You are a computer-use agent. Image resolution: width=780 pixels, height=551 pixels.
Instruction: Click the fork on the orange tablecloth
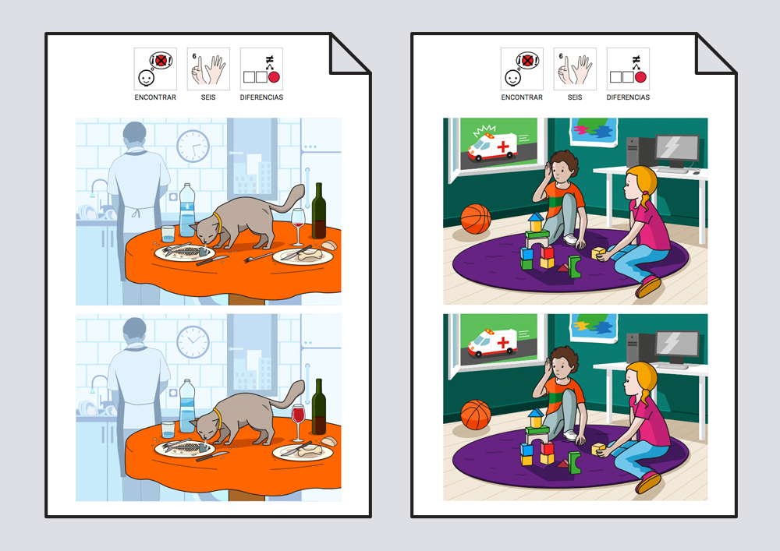pyautogui.click(x=257, y=257)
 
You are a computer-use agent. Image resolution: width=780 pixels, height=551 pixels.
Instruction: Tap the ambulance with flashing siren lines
pyautogui.click(x=492, y=145)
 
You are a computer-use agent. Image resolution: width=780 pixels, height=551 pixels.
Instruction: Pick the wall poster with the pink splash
pyautogui.click(x=594, y=131)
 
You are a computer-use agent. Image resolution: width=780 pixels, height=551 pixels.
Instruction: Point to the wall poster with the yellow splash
pyautogui.click(x=594, y=327)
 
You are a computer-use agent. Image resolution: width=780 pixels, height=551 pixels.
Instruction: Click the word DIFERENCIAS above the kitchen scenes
pyautogui.click(x=261, y=97)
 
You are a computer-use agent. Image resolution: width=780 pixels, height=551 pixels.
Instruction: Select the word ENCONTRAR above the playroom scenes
pyautogui.click(x=522, y=97)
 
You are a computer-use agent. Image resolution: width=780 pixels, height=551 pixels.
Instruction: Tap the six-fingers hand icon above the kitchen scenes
pyautogui.click(x=208, y=69)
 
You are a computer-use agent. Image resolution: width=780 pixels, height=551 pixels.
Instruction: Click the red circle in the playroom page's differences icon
pyautogui.click(x=640, y=77)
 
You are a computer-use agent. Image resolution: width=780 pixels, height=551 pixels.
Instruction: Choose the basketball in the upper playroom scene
pyautogui.click(x=476, y=219)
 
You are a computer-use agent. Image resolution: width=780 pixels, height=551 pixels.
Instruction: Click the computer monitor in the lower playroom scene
pyautogui.click(x=677, y=348)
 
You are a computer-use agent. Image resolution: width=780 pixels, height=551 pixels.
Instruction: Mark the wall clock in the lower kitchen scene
pyautogui.click(x=193, y=342)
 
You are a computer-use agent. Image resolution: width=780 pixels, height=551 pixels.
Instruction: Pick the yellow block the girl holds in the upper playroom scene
pyautogui.click(x=598, y=253)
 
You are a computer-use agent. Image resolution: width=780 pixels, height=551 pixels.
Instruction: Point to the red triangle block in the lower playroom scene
pyautogui.click(x=562, y=464)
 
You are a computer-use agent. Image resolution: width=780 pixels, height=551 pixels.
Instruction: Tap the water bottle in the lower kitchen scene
pyautogui.click(x=187, y=405)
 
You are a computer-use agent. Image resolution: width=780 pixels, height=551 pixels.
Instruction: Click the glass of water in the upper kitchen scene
pyautogui.click(x=168, y=234)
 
